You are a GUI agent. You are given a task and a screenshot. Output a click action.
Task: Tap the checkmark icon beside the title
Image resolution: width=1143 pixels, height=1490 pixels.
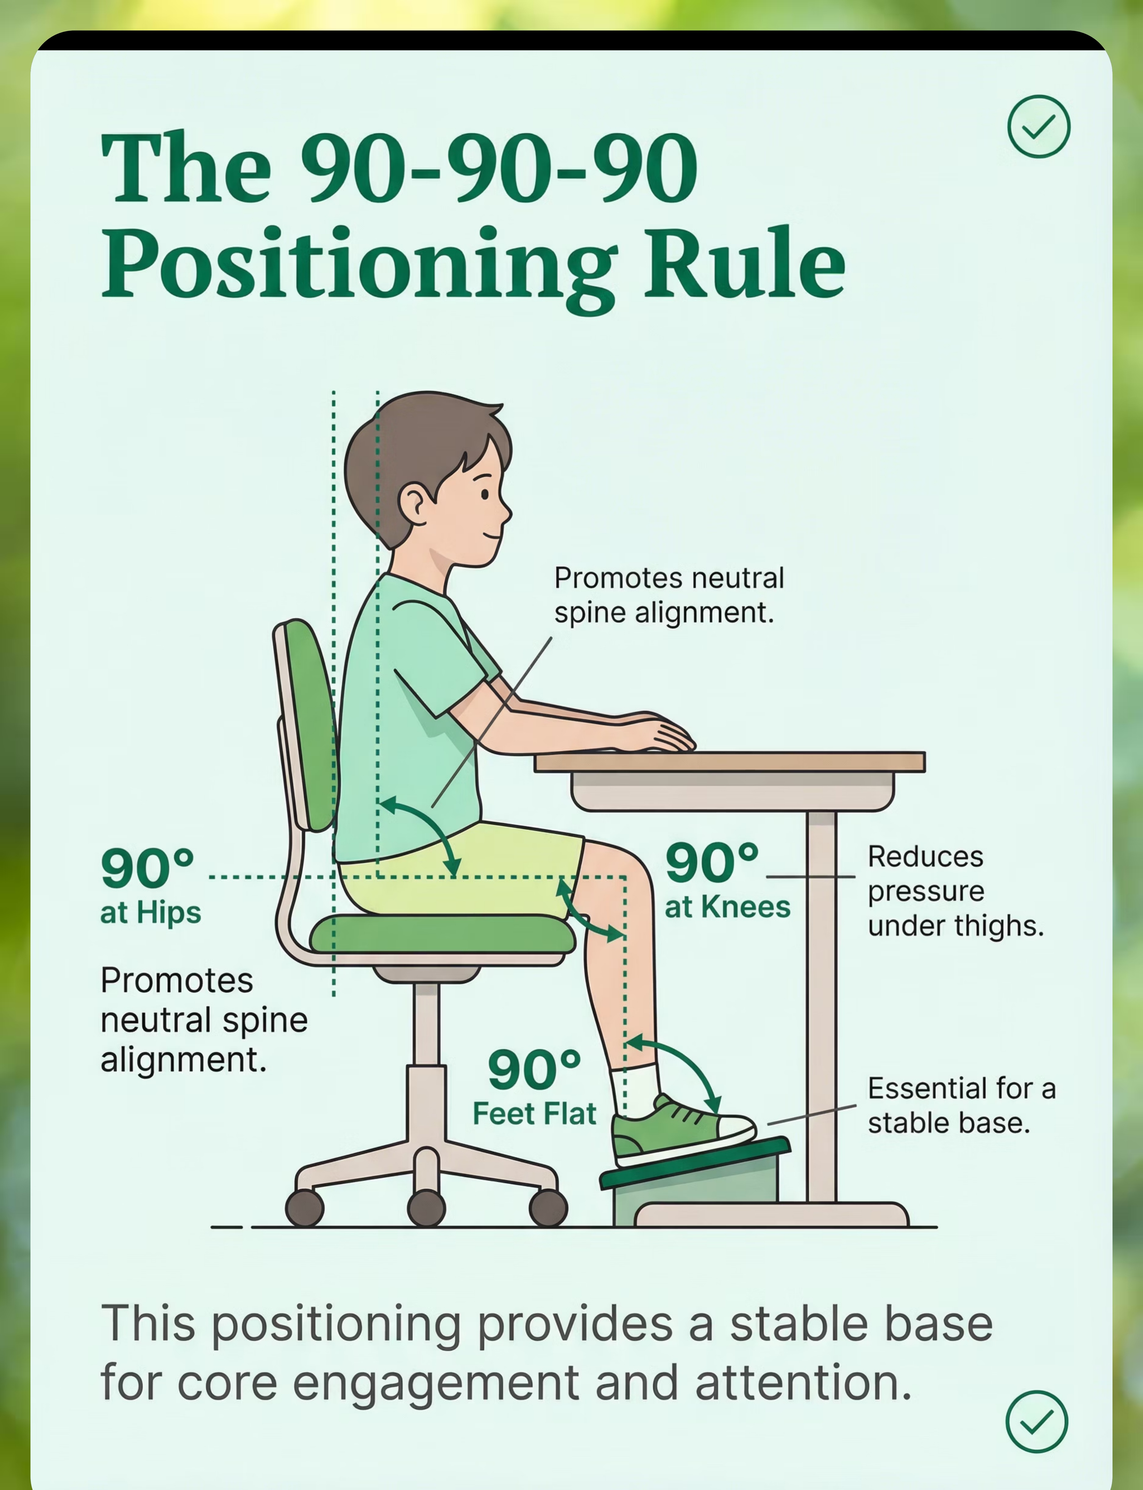coord(1038,127)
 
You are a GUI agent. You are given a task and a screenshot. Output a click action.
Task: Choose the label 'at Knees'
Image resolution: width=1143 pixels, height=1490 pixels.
coord(727,907)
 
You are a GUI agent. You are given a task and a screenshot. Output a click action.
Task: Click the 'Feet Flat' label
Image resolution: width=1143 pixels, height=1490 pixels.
coord(534,1114)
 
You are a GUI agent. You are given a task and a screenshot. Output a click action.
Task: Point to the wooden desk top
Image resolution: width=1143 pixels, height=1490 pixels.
coord(729,761)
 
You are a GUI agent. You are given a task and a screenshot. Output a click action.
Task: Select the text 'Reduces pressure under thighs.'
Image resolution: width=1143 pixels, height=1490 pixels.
coord(955,891)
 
